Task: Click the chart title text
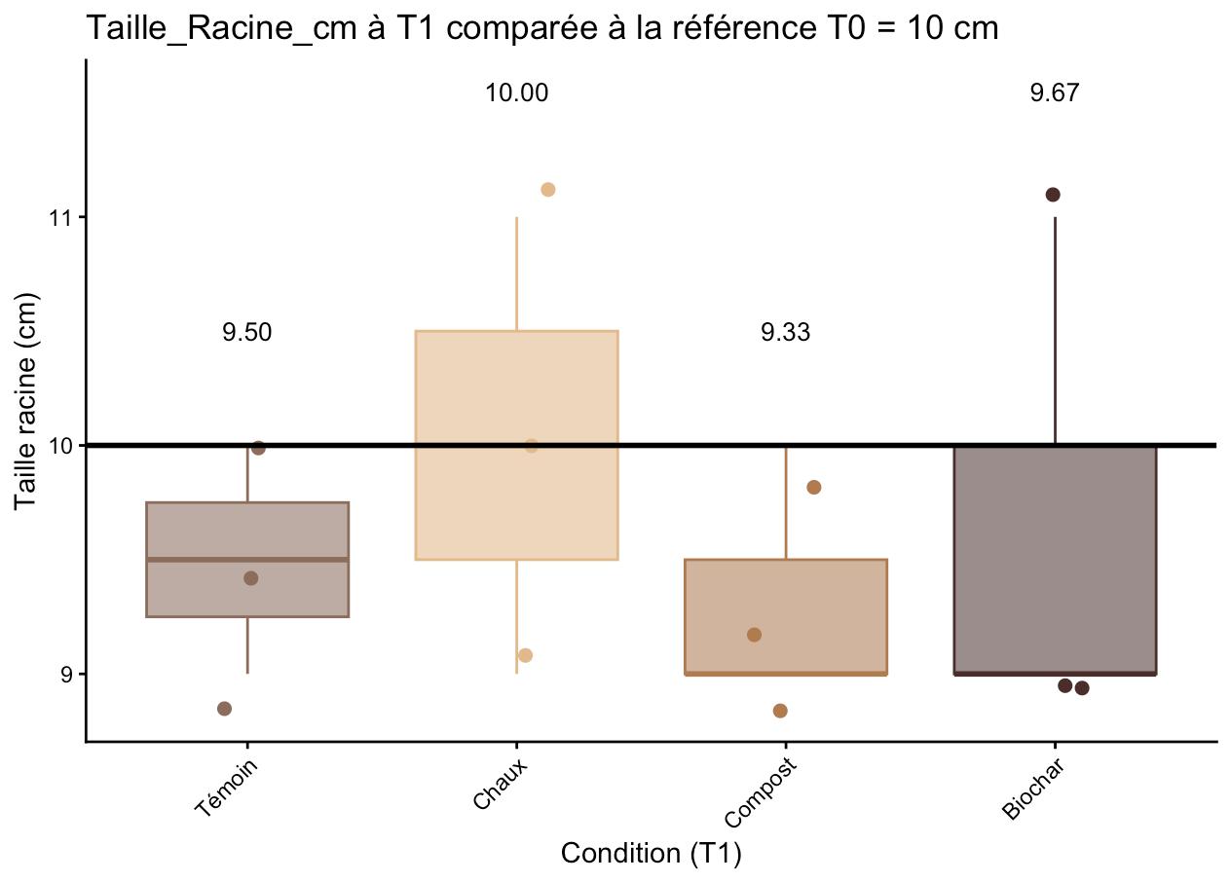[542, 28]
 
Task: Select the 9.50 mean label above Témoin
[246, 333]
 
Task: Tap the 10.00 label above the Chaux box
[517, 93]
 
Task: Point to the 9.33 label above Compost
[785, 333]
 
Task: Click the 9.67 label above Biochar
[1055, 93]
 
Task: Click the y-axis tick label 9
[67, 674]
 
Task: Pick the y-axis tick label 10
[62, 446]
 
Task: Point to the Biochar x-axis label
[1034, 789]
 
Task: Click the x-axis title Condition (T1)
[652, 854]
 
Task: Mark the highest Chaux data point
[547, 189]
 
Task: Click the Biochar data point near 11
[1053, 195]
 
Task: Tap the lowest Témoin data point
[224, 708]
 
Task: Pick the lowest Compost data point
[780, 711]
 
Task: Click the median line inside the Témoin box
[247, 560]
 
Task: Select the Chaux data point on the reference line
[531, 446]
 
